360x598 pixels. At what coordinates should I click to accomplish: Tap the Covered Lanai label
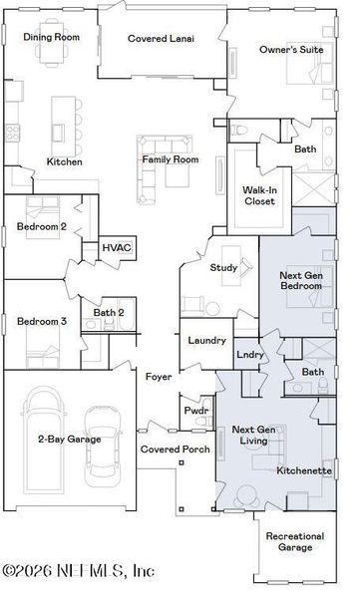tap(161, 39)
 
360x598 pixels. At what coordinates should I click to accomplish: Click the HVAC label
tap(117, 246)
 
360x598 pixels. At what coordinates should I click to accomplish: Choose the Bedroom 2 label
tap(42, 226)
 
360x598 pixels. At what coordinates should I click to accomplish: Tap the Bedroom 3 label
tap(42, 321)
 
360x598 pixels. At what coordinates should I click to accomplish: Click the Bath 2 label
tap(108, 313)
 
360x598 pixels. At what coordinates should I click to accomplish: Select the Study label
tap(222, 267)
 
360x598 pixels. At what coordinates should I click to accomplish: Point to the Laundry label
tap(206, 341)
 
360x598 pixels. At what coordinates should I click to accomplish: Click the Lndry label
tap(249, 354)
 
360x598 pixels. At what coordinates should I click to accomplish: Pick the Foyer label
tap(158, 377)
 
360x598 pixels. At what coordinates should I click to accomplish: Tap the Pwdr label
tap(195, 410)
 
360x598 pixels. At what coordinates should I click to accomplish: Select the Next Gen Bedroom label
tap(300, 280)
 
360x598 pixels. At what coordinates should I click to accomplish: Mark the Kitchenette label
tap(303, 468)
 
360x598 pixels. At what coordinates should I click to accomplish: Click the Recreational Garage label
tap(295, 541)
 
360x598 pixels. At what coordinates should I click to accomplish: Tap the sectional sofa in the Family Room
tap(165, 161)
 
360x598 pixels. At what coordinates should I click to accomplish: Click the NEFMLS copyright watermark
tap(78, 571)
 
